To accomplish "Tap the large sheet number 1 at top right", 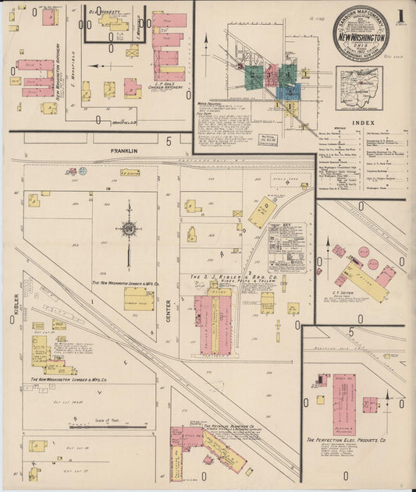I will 399,16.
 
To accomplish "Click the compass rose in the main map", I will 128,229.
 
